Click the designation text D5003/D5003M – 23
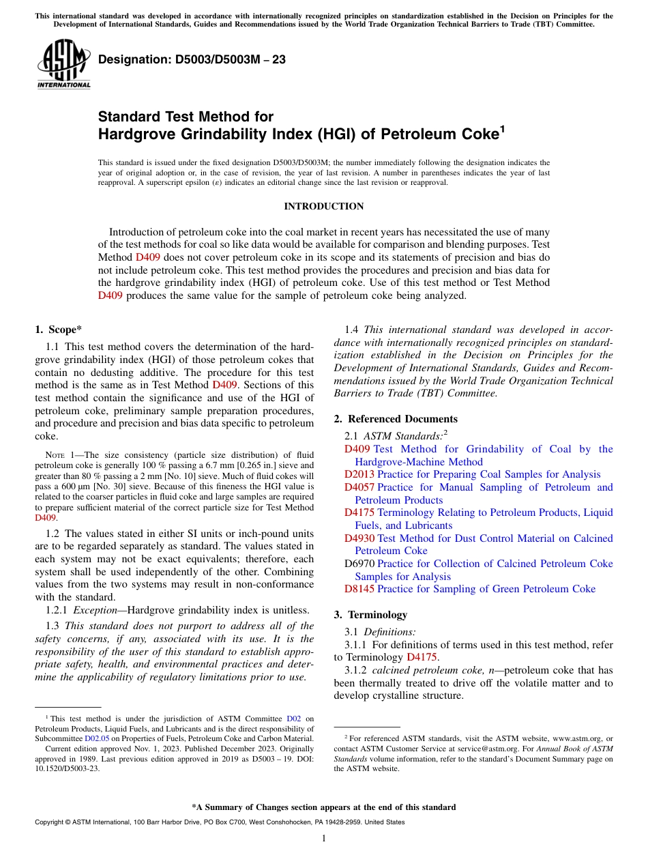192,59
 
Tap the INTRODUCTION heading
323,206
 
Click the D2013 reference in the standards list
359,474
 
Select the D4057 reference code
359,487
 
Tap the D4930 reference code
359,538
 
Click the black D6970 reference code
359,564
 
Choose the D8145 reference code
359,589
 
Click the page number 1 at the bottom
324,839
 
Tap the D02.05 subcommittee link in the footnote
97,738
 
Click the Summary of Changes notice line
323,807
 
